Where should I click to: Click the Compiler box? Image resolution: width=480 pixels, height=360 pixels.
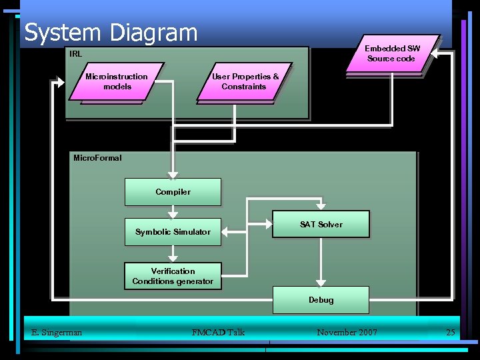(x=173, y=192)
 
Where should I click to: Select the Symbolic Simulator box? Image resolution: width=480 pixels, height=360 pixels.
(x=173, y=232)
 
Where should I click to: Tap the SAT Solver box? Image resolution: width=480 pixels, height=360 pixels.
(x=321, y=225)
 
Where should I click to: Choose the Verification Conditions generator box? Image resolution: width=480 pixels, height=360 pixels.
(x=173, y=276)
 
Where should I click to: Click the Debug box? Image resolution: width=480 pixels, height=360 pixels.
(x=321, y=300)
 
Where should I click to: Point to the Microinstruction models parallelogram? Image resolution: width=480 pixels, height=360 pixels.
(x=117, y=81)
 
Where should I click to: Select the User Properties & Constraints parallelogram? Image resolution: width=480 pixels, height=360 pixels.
(x=245, y=81)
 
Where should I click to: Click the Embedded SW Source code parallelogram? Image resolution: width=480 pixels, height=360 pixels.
(x=391, y=53)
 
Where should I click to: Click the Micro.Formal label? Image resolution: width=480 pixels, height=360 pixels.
(x=97, y=158)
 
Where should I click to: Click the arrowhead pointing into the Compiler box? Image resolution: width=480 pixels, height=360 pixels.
(x=173, y=174)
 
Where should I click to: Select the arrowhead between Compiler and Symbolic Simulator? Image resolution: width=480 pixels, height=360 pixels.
(x=173, y=214)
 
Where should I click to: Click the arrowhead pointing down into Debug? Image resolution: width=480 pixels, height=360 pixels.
(x=321, y=282)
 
